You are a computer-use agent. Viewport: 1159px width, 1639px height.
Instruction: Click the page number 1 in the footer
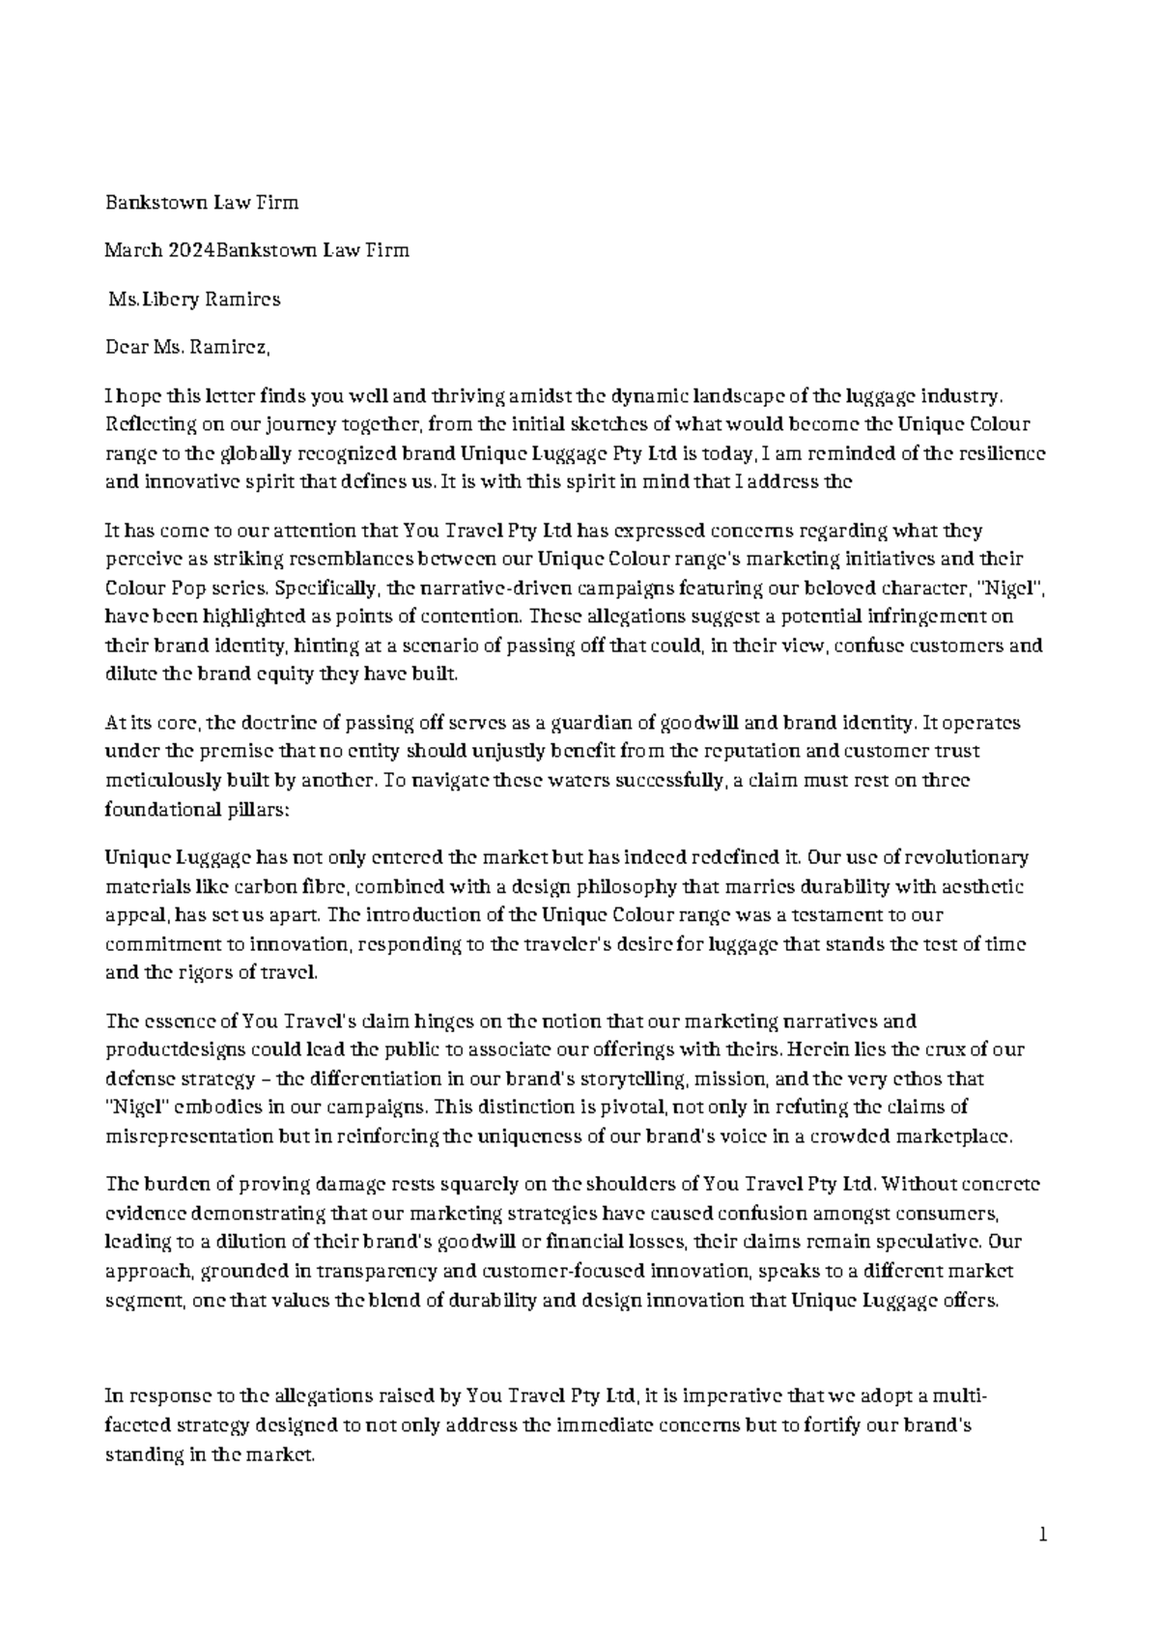1043,1534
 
